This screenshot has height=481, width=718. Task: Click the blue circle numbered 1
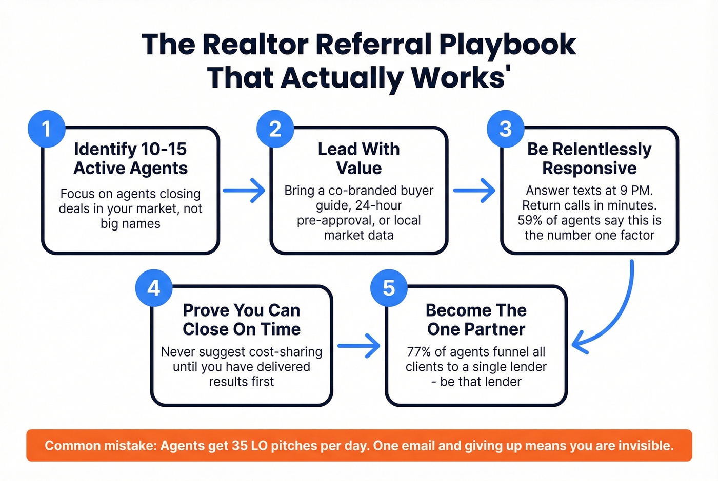click(47, 129)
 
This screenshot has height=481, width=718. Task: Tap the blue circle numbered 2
click(275, 129)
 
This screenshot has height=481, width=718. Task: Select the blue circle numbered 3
click(506, 129)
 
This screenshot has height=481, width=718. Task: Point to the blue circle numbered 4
click(154, 288)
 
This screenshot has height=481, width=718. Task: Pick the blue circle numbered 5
click(389, 288)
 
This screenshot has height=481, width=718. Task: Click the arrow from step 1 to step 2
click(244, 191)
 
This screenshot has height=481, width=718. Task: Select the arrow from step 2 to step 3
click(474, 191)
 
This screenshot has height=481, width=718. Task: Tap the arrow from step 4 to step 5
click(358, 346)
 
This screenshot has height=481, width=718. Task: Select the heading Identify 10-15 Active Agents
click(130, 158)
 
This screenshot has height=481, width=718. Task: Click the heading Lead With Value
click(359, 158)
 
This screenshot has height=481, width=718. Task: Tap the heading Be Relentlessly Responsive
click(589, 158)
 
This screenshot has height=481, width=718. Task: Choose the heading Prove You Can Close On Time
click(242, 320)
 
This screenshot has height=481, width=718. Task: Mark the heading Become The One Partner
click(476, 320)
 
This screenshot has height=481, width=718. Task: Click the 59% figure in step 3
click(529, 220)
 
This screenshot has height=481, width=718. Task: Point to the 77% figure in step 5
click(418, 352)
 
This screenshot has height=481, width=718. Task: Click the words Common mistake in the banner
click(99, 445)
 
